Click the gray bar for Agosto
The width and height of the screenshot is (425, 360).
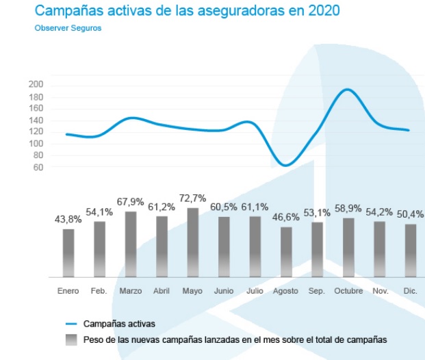pos(286,252)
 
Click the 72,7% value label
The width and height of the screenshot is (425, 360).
pos(192,198)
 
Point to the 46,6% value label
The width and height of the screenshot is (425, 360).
pos(286,218)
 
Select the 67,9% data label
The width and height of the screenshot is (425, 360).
pos(130,202)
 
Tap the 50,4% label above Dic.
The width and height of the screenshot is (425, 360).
pos(411,214)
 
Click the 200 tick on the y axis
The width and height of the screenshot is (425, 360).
pos(36,84)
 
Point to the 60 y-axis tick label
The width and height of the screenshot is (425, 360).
pos(38,167)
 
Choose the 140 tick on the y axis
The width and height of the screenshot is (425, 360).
pos(36,120)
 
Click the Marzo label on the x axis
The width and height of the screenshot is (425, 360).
pos(130,291)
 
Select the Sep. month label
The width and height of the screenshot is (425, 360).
pos(317,291)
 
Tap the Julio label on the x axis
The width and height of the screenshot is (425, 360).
pos(255,291)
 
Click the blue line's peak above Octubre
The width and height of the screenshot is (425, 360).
pos(348,90)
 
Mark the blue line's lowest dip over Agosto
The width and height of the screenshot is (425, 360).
pos(286,166)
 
